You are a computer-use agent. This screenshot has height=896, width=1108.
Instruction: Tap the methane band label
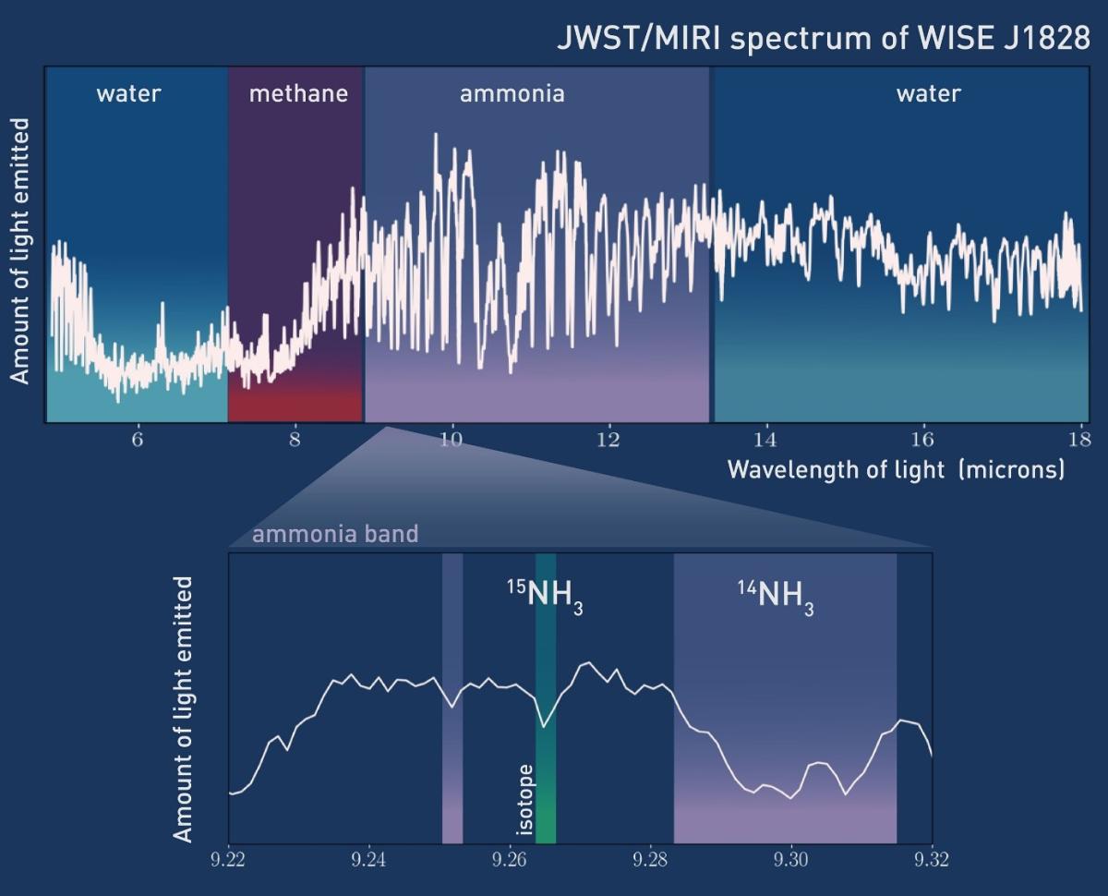[x=298, y=93]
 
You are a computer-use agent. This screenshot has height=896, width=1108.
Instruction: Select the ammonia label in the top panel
[x=512, y=93]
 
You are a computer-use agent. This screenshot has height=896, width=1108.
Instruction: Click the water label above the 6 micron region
[x=128, y=93]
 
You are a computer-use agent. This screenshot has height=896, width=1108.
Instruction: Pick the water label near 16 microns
[x=928, y=93]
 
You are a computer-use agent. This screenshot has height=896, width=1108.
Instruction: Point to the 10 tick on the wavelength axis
[x=451, y=441]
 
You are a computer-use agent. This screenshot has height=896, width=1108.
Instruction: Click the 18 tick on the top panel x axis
[x=1078, y=441]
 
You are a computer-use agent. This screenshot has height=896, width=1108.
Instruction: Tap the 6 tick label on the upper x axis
[x=138, y=441]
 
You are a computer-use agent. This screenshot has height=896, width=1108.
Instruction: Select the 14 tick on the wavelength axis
[x=765, y=441]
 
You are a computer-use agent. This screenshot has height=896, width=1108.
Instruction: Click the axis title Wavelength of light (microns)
[x=896, y=469]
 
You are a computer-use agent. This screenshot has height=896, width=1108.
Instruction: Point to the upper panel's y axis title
[x=20, y=250]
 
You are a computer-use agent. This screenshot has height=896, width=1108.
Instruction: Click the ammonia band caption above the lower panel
[x=335, y=534]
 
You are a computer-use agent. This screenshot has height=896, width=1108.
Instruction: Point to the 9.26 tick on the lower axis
[x=510, y=860]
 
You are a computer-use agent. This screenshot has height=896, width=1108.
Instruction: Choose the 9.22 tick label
[x=229, y=860]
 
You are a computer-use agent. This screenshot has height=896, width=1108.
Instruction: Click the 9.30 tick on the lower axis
[x=791, y=860]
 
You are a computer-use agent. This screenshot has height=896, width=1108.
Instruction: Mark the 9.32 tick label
[x=931, y=860]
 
